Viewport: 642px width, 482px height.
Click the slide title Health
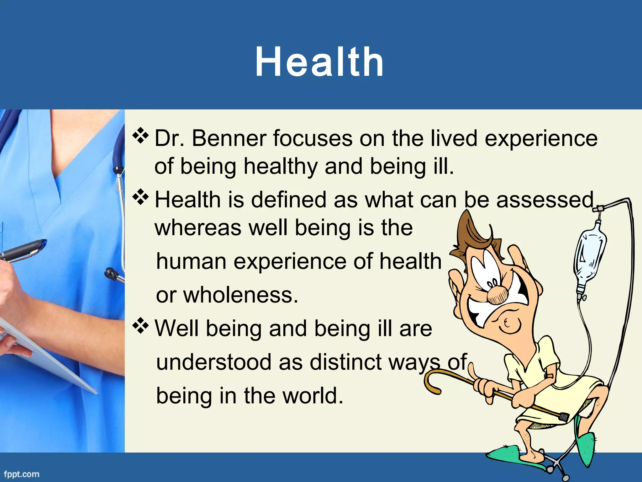(x=319, y=62)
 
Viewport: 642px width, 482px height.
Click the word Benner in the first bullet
(x=229, y=138)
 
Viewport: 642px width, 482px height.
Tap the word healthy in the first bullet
(x=281, y=166)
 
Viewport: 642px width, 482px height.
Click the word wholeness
(x=240, y=295)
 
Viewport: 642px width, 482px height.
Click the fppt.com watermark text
(x=22, y=474)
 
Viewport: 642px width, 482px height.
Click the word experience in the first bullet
(x=541, y=138)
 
